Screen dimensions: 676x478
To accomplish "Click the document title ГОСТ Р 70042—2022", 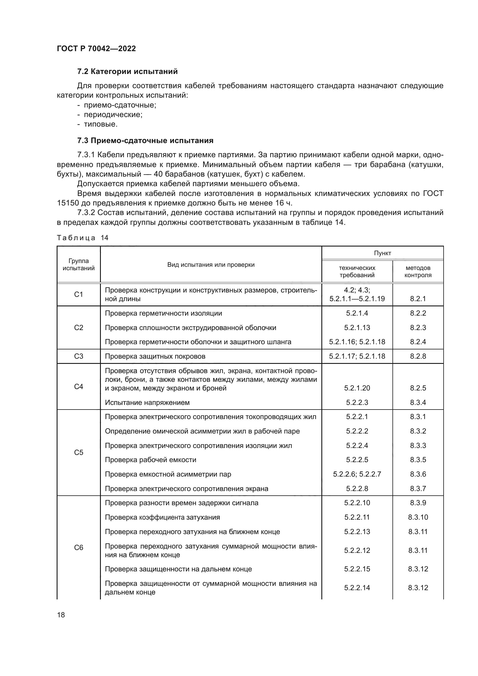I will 96,49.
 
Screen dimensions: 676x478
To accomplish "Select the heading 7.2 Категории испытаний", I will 127,72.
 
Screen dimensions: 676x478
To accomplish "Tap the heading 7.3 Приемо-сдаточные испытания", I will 145,140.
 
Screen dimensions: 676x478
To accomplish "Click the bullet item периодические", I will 113,114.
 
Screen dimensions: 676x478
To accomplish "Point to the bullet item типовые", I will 100,124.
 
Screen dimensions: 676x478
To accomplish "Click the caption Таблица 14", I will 82,238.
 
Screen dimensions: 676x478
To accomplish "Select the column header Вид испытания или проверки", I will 211,265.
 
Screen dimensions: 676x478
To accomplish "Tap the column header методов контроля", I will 418,271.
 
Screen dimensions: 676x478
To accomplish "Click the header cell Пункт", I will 382,253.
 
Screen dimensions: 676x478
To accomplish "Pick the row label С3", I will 79,356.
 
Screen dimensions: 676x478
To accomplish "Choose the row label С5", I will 79,453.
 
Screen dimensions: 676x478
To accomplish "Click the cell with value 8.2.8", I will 418,356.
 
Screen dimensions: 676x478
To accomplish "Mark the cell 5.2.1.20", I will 357,388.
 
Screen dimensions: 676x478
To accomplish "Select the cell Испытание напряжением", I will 147,403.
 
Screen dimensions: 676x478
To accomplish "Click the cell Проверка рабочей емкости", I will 150,460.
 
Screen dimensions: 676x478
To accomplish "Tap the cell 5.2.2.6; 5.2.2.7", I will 357,474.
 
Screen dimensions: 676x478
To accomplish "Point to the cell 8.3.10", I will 418,517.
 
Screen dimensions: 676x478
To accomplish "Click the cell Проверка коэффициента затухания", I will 162,517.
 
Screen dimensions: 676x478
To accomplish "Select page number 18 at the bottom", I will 61,615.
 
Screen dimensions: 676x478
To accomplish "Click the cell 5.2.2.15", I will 357,569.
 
